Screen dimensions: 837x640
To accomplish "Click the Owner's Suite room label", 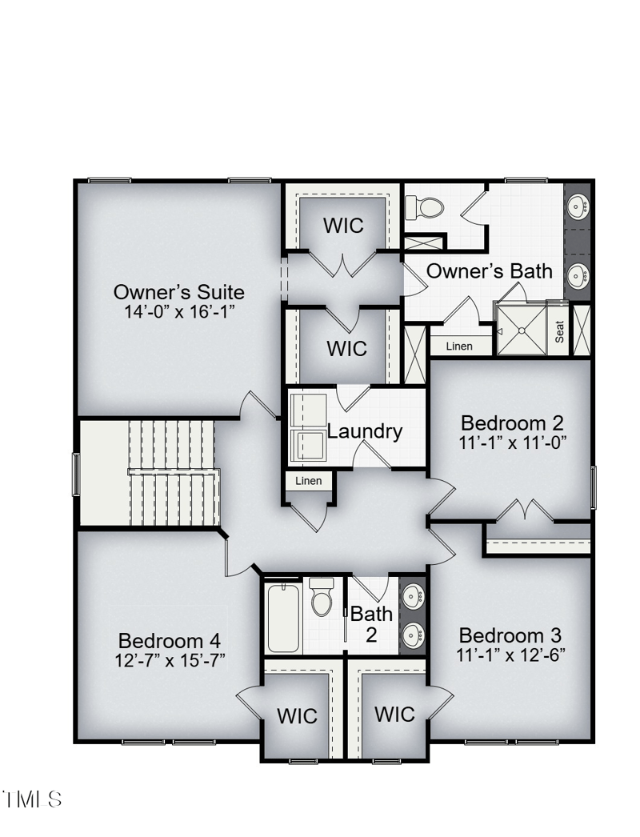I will click(x=178, y=291).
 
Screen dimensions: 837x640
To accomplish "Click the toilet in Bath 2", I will click(x=322, y=597).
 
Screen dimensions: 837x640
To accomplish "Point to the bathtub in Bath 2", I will click(x=283, y=618).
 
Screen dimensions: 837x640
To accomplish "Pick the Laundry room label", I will click(x=365, y=431).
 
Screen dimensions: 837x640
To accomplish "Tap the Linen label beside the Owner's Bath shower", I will click(x=459, y=346).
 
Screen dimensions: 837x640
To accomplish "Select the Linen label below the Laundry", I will click(x=309, y=481).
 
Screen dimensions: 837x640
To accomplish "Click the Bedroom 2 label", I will click(x=513, y=423).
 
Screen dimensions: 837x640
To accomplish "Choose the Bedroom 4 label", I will click(x=170, y=641).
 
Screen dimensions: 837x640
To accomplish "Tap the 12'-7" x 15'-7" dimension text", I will click(x=170, y=660).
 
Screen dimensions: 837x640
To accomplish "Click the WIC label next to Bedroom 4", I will click(x=297, y=716).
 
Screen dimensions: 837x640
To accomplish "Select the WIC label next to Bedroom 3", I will click(x=394, y=714).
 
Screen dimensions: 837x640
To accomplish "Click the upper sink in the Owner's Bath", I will click(x=578, y=207).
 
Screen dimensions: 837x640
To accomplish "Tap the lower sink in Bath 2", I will click(x=413, y=637).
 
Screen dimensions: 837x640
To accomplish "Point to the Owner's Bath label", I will click(x=489, y=271).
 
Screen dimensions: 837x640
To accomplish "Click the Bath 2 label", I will click(x=371, y=625).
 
